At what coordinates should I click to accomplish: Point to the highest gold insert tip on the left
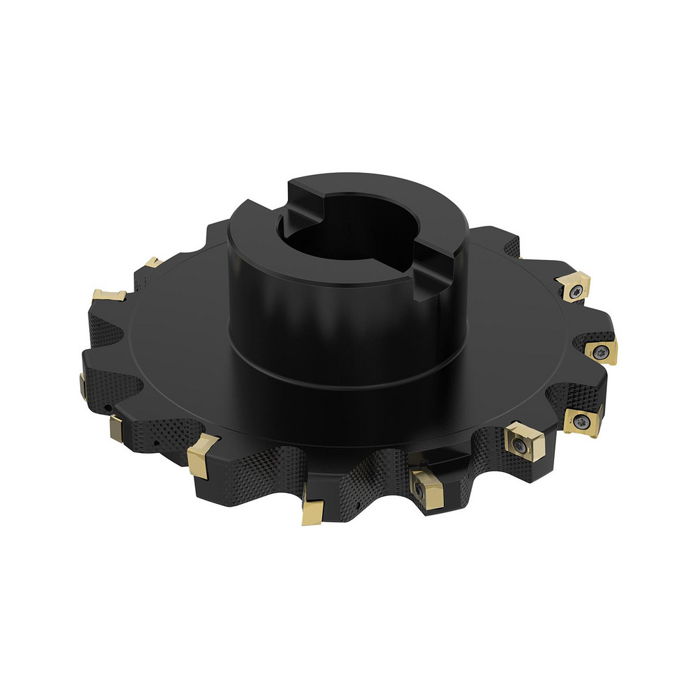151,263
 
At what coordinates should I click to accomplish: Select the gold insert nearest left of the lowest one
202,457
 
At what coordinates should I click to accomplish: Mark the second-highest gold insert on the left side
110,294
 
